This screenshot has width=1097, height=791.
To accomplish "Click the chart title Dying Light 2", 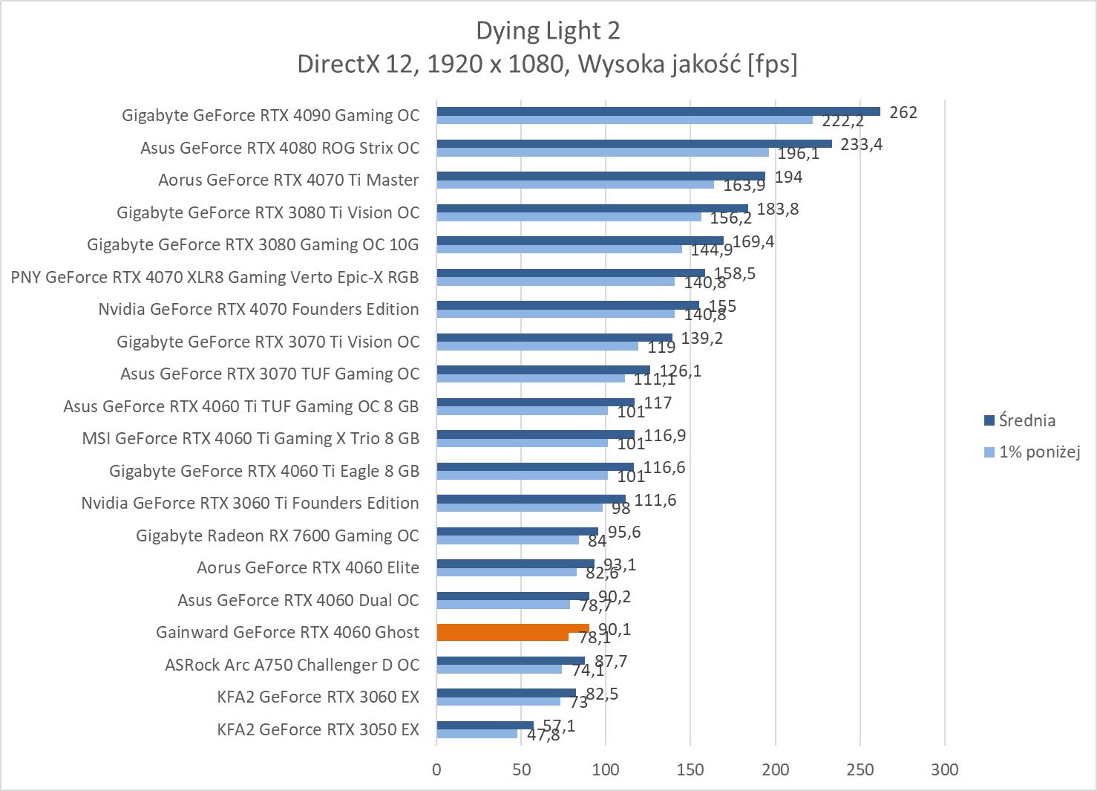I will (x=548, y=30).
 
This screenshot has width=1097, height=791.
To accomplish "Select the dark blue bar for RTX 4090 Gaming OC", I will (x=658, y=111).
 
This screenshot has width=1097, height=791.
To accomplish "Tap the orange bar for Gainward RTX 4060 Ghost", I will (x=512, y=632).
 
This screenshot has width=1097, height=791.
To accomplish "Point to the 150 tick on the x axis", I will (x=690, y=769).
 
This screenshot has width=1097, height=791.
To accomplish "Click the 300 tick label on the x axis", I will (x=945, y=769).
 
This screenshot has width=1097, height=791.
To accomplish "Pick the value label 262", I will (x=903, y=112).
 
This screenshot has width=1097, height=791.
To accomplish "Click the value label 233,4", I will (x=861, y=144).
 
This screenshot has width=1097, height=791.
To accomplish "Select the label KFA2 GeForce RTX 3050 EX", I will (x=318, y=729).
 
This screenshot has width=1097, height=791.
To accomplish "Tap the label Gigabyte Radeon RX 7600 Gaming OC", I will (x=277, y=536).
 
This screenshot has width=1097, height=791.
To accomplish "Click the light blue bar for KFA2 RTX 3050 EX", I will (x=477, y=734).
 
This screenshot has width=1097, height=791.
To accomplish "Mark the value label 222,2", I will (x=842, y=121).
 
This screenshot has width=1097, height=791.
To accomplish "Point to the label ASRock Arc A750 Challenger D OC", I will (x=292, y=665).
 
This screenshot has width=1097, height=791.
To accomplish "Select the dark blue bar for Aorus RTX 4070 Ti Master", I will (x=600, y=176).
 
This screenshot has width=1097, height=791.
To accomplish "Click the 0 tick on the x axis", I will (x=436, y=769).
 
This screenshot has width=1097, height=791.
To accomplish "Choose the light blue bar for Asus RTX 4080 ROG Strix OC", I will (x=602, y=152).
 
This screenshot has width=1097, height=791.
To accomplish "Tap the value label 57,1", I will (x=559, y=726).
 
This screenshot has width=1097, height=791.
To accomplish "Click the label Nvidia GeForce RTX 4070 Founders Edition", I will (x=258, y=309).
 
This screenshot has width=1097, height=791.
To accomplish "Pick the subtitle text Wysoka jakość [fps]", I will (x=687, y=65).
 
